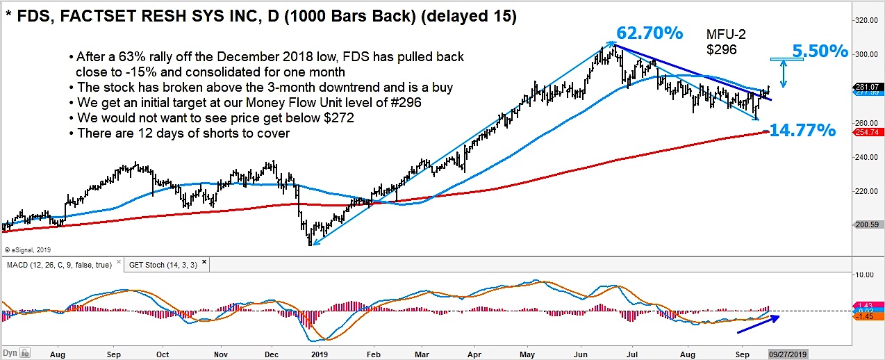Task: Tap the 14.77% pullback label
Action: click(x=803, y=129)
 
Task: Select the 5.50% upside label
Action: click(x=820, y=51)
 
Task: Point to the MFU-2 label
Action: click(x=727, y=34)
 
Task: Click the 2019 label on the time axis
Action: click(x=319, y=353)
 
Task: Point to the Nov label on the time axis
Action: click(x=221, y=353)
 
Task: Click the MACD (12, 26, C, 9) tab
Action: click(x=61, y=265)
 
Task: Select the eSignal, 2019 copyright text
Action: click(x=28, y=249)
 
